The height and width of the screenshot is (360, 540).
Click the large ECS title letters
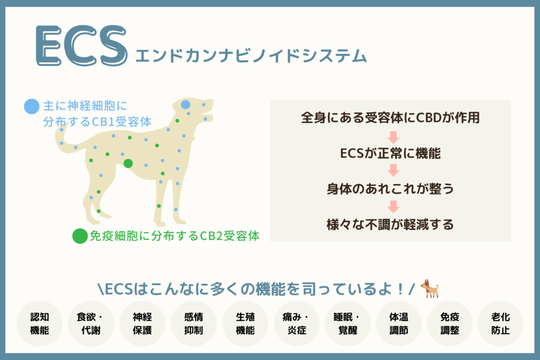coord(82,45)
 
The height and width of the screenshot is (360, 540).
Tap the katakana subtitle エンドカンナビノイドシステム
coord(251,56)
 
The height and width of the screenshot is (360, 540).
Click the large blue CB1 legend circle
coord(32,106)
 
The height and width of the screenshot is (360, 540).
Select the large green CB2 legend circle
coord(80,236)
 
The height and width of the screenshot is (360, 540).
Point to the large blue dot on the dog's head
coord(186,105)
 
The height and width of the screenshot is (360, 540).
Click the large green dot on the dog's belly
coord(128,163)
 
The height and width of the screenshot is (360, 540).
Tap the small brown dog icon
coord(429,288)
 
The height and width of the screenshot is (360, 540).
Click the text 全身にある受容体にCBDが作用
coord(390,118)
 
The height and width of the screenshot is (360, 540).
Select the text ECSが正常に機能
coord(390,153)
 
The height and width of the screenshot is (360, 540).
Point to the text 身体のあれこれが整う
coord(390,189)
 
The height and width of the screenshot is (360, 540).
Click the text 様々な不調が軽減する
coord(390,225)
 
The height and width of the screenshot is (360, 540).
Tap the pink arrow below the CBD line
coord(393,137)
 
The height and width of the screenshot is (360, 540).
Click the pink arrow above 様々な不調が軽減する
coord(393,207)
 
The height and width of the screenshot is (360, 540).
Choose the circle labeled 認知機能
coord(40,324)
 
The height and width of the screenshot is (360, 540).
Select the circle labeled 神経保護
coord(142,324)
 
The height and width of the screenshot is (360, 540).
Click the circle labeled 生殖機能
coord(245,324)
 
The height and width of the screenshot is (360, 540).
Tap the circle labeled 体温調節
coord(399,324)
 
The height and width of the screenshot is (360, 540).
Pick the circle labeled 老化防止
coord(500,324)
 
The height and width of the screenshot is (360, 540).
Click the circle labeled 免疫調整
coord(450,324)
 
